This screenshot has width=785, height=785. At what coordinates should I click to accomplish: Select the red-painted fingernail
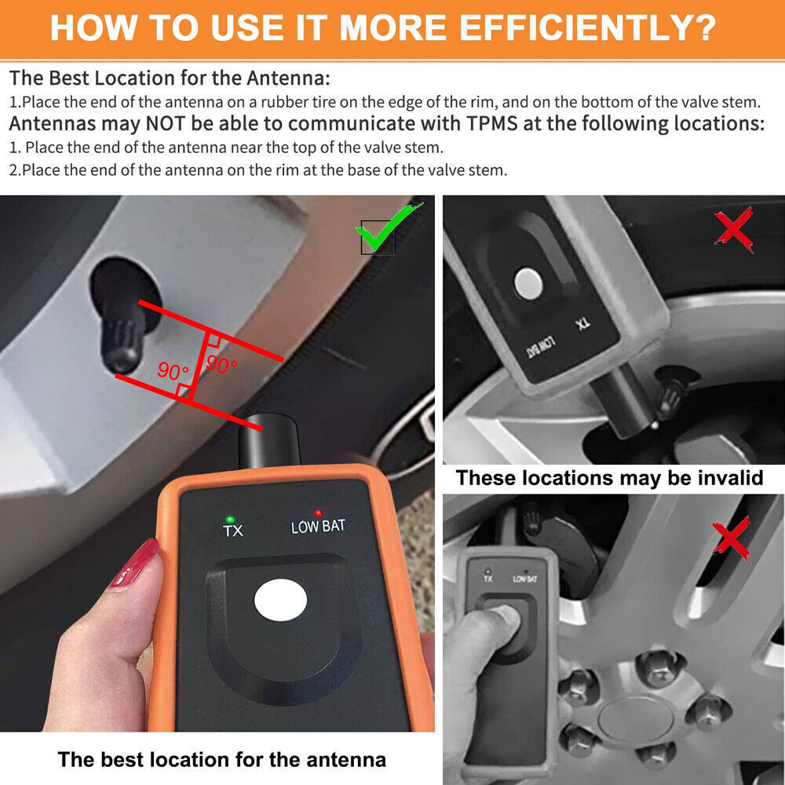point(134,565)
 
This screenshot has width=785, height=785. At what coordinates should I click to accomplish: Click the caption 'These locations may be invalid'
point(609,477)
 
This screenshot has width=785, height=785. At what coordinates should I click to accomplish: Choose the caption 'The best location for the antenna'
point(221,759)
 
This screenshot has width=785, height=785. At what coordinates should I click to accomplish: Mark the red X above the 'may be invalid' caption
point(734,229)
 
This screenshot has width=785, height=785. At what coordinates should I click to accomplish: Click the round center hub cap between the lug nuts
point(633,720)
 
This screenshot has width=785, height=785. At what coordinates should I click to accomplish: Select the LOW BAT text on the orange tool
point(318,527)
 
